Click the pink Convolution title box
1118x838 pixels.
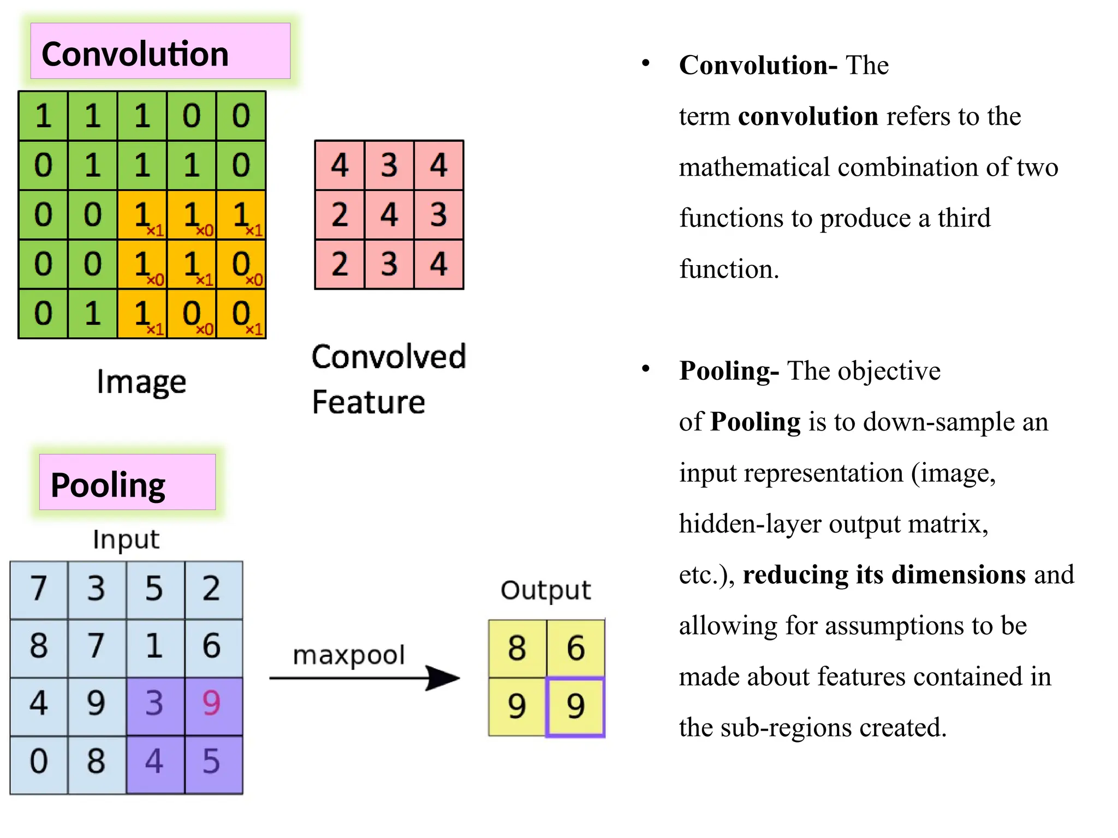160,51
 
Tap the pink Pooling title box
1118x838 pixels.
127,482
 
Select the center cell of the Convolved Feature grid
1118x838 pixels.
389,214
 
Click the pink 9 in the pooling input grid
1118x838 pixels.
212,703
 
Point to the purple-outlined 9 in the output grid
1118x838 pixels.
575,707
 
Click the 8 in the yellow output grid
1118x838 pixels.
516,648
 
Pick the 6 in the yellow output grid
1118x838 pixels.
575,648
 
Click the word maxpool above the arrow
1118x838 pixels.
348,655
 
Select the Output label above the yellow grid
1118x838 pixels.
545,590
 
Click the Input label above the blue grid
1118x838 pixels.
126,540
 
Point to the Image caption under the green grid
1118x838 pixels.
141,382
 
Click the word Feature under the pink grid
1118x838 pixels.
368,403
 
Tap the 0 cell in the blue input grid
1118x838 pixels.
39,762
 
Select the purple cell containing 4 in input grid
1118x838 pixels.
154,762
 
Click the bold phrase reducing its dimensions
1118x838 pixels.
884,575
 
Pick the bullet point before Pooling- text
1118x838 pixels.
646,369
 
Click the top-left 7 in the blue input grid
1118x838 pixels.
39,589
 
